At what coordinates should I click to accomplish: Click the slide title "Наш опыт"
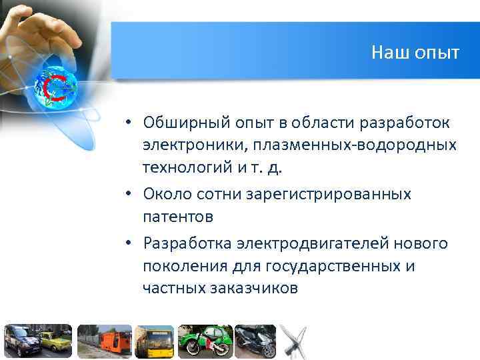[x=415, y=53]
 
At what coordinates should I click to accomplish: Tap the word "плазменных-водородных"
[x=348, y=145]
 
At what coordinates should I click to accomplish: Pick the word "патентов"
[x=177, y=216]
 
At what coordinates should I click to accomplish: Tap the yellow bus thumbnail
[x=155, y=341]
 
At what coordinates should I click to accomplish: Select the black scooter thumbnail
[x=255, y=341]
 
